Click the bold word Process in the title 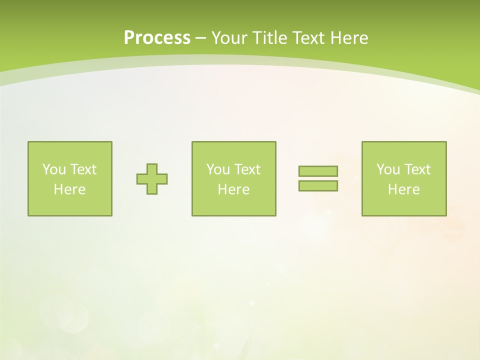point(157,38)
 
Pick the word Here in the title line point(349,38)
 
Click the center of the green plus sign point(152,179)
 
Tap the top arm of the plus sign point(152,168)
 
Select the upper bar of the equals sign point(318,171)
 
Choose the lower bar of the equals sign point(318,186)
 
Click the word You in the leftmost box point(54,169)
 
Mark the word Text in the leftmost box point(82,169)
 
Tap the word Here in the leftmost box point(69,189)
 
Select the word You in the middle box point(218,169)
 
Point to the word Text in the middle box point(246,169)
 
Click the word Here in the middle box point(233,189)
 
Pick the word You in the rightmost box point(388,169)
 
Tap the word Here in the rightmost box point(403,189)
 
